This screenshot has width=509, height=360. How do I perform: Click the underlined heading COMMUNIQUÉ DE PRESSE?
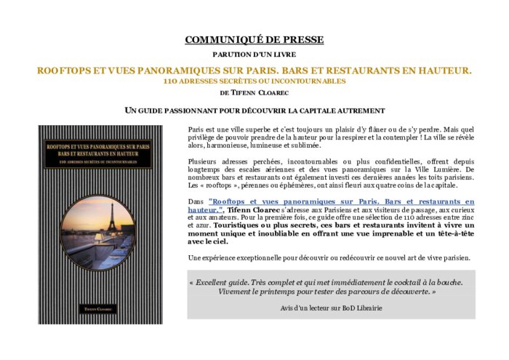(x=254, y=40)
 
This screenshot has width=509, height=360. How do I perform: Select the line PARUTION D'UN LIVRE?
(x=254, y=55)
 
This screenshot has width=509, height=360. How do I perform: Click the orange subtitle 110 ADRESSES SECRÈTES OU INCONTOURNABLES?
(x=254, y=81)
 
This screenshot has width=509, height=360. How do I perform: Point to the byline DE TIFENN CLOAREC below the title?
(x=254, y=93)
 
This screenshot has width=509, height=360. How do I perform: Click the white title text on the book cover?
(x=101, y=150)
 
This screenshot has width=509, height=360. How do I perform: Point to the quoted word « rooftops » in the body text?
(x=215, y=185)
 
